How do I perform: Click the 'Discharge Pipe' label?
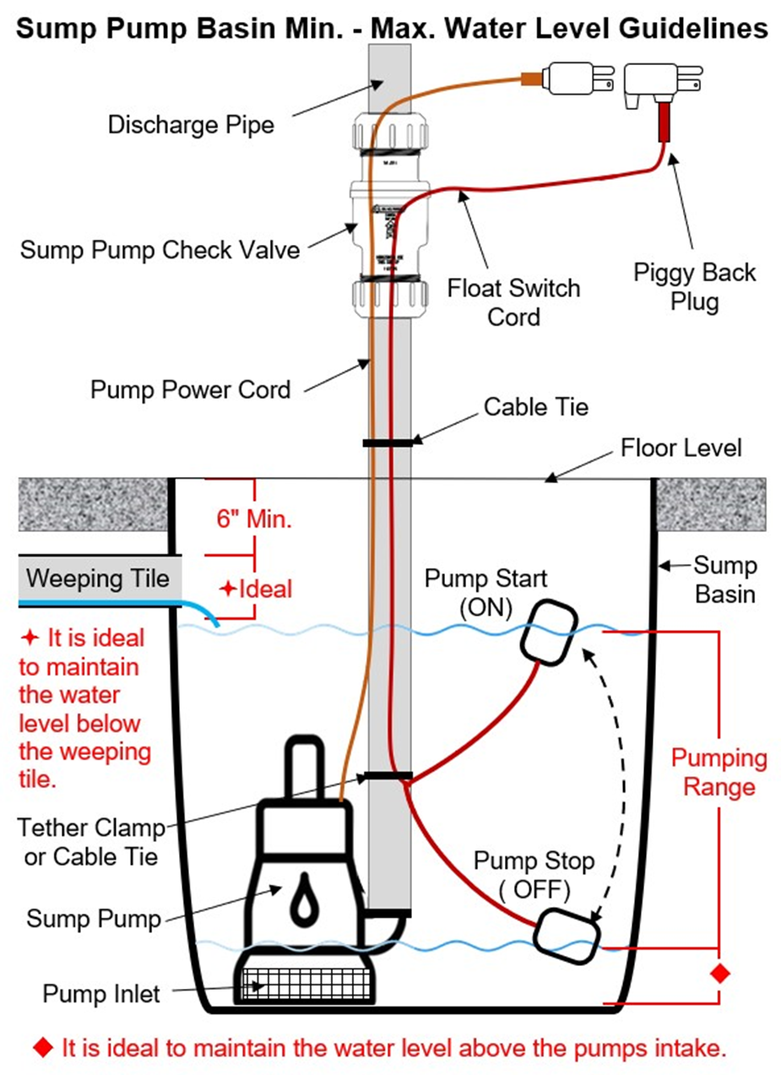pos(191,125)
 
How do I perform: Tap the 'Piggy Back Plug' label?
pos(694,287)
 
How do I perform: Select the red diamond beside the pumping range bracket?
pos(719,974)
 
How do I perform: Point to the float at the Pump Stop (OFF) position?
pos(567,935)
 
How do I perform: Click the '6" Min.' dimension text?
pos(254,519)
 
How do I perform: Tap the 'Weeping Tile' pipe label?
pos(97,579)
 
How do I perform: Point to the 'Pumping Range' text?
pos(719,772)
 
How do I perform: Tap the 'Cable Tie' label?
pos(535,406)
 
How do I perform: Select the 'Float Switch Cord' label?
pos(513,301)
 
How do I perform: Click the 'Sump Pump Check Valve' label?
pos(160,250)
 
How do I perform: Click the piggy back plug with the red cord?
pos(660,90)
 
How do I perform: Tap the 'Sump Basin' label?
pos(724,578)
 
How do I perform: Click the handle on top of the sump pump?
pos(301,767)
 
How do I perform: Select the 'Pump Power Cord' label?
pos(190,390)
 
